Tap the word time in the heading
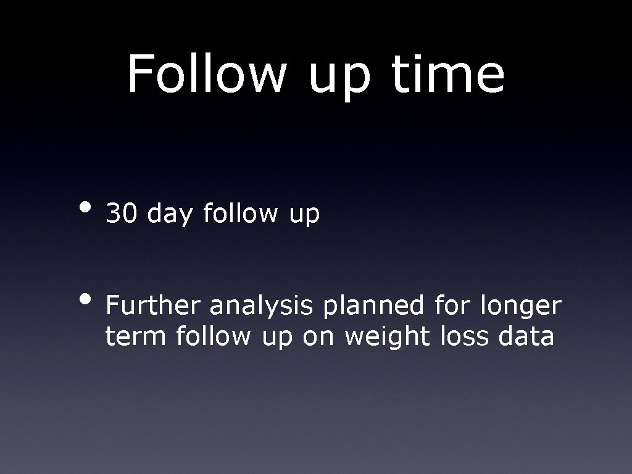tap(448, 74)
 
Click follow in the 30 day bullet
tap(240, 214)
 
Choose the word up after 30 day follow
tap(302, 216)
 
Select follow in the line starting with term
tap(214, 337)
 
